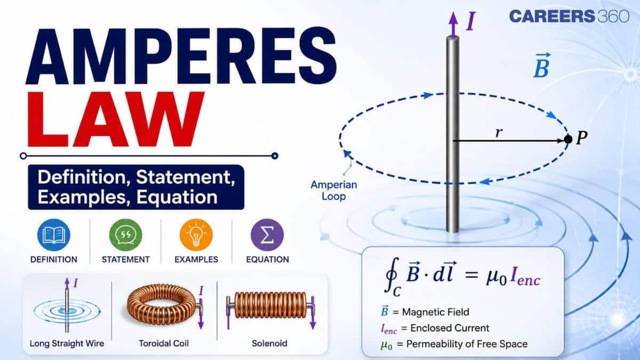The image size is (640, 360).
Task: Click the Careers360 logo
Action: [569, 16]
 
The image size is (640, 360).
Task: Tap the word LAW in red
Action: [116, 119]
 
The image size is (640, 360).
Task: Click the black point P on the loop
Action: [568, 139]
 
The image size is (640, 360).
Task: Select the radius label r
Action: [499, 133]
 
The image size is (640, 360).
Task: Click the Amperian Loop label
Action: [334, 190]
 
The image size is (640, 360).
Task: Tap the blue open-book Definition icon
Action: [54, 235]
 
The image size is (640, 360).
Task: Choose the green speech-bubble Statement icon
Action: [125, 235]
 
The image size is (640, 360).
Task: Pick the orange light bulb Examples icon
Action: [196, 235]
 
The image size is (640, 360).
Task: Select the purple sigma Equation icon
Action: [267, 235]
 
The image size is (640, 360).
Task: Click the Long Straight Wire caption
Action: [67, 343]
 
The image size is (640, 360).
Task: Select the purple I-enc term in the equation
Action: [525, 277]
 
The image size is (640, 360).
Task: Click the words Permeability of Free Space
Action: [467, 344]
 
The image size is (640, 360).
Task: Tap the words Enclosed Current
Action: [450, 328]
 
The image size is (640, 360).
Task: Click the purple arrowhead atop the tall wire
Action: [453, 19]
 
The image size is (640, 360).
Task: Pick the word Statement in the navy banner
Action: [186, 178]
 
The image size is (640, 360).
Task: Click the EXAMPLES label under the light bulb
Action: [196, 259]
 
